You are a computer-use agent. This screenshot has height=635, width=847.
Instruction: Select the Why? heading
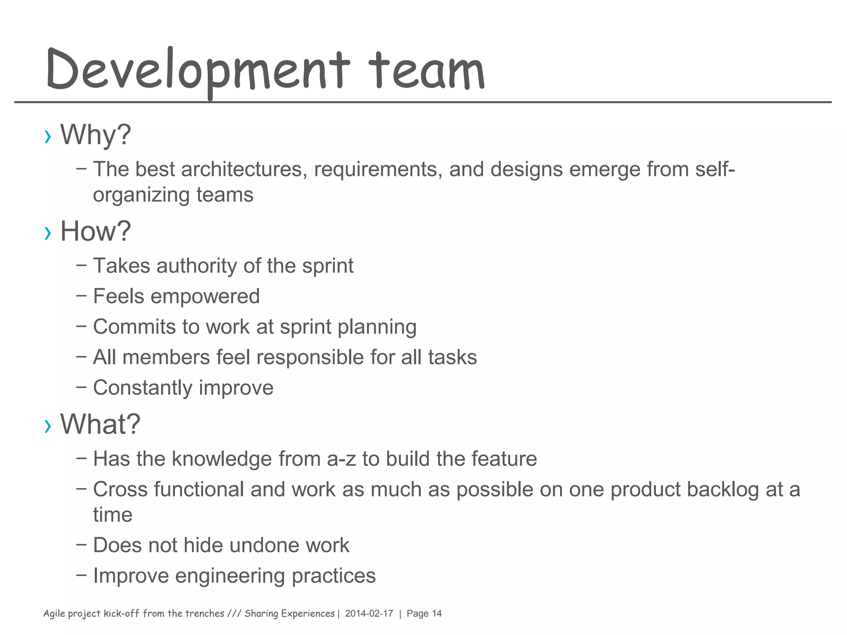point(96,135)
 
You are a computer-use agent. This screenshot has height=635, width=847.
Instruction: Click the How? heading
point(96,231)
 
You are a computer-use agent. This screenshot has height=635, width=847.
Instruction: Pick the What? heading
point(100,424)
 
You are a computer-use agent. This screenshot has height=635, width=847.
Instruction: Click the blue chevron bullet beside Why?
point(48,136)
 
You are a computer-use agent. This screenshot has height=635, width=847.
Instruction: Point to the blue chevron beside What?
point(48,426)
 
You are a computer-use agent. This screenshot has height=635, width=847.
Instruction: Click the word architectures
point(244,169)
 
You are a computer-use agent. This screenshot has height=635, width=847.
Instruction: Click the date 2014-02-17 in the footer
point(369,614)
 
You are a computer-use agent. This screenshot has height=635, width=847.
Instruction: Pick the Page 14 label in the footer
point(424,614)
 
